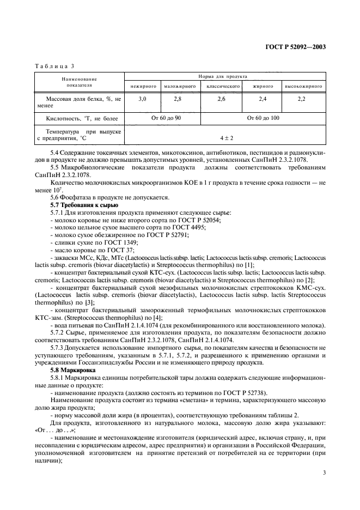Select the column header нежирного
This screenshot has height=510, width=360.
pos(143,86)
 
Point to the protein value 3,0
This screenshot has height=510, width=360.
pos(143,99)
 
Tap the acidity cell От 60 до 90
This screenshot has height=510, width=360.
pos(162,117)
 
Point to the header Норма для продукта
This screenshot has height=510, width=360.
pos(225,77)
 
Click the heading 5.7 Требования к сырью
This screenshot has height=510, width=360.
pos(80,204)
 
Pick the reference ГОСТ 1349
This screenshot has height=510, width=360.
pos(123,240)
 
